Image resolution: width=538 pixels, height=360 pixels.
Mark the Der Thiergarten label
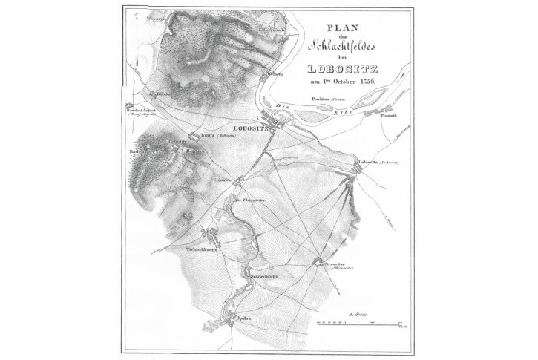(250, 199)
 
